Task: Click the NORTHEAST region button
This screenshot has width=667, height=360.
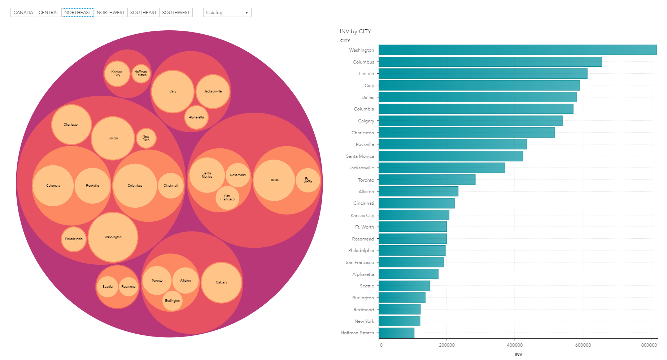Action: click(78, 13)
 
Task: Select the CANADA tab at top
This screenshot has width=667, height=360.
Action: click(23, 13)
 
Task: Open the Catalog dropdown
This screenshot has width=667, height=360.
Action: click(227, 13)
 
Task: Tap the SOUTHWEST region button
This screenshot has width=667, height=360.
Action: click(176, 13)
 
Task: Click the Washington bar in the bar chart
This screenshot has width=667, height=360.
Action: click(518, 50)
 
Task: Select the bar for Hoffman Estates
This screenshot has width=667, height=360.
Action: click(396, 333)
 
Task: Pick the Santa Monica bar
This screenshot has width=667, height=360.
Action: click(450, 156)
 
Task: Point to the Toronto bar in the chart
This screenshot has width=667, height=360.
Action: click(427, 180)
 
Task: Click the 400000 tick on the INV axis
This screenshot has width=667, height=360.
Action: click(515, 345)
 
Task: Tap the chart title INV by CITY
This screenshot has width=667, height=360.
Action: click(355, 31)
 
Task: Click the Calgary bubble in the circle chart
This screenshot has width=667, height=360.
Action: click(221, 282)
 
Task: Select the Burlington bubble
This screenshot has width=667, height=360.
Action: click(172, 301)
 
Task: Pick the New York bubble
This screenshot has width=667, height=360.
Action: click(146, 138)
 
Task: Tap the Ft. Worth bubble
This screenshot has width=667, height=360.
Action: click(308, 180)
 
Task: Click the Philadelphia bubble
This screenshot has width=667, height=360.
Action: click(74, 239)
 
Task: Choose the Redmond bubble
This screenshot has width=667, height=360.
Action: click(128, 287)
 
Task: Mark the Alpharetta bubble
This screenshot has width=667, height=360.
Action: click(196, 117)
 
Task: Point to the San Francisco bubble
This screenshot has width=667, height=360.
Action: click(227, 198)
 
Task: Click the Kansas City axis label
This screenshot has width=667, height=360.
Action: click(362, 216)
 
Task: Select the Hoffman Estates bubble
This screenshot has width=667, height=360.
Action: click(141, 74)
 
